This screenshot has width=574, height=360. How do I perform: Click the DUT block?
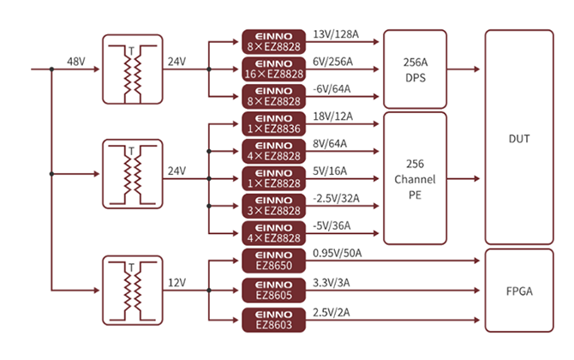coord(518,137)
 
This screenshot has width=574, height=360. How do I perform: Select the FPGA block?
coord(518,291)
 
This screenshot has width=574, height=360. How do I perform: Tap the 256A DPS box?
coord(416,68)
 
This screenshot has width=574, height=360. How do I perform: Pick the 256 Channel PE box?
coord(416,178)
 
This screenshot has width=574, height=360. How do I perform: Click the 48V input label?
coord(76,62)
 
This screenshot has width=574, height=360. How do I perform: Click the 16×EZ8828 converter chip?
coord(273,68)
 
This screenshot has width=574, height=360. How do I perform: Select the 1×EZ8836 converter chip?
coord(273,123)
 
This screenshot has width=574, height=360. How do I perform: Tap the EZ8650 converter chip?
coord(273,261)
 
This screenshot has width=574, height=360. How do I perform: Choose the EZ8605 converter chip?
coord(273,291)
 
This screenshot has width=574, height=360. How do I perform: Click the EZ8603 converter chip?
coord(273,320)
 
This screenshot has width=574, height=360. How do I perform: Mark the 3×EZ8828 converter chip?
coord(273,206)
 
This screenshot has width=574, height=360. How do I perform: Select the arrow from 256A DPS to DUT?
coord(465,68)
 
